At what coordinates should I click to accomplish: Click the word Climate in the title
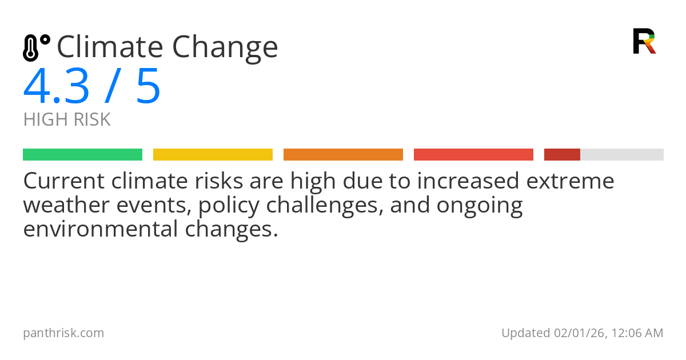[x=109, y=47]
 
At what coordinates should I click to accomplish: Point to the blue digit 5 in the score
[x=148, y=87]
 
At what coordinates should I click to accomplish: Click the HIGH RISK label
[x=67, y=120]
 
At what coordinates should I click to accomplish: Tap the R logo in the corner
[x=644, y=41]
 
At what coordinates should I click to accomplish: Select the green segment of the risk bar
[x=82, y=155]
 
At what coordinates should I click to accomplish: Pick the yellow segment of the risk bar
[x=213, y=155]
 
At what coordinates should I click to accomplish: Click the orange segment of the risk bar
[x=343, y=155]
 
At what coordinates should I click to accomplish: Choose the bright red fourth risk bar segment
[x=473, y=155]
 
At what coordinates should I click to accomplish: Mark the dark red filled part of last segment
[x=562, y=155]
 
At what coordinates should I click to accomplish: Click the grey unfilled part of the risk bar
[x=622, y=155]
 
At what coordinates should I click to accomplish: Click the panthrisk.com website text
[x=63, y=333]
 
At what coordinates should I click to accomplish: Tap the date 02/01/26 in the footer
[x=576, y=333]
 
